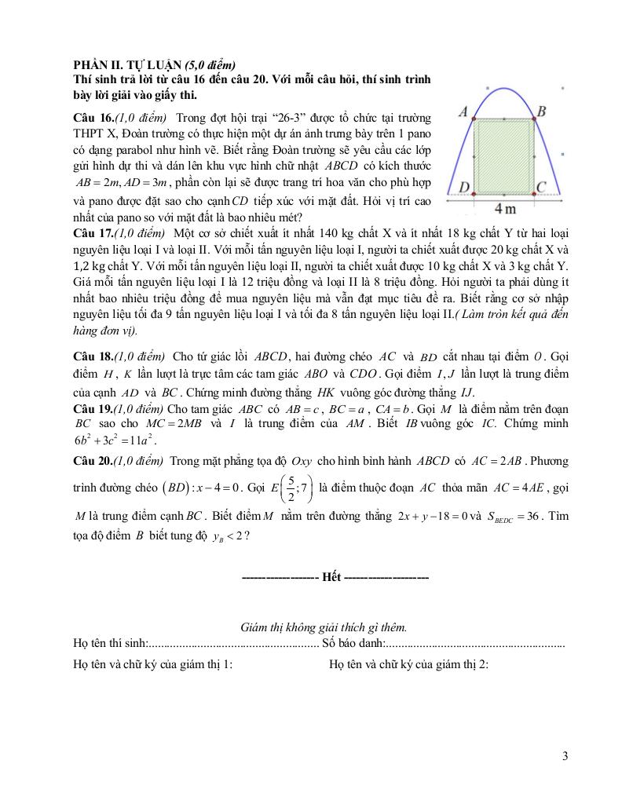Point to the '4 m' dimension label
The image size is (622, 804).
505,209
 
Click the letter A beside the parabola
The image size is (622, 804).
464,112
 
